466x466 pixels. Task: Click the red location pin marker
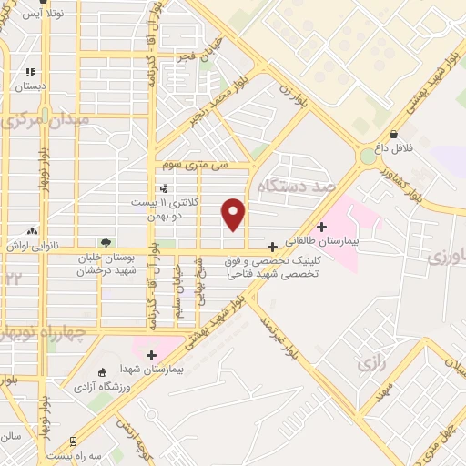coord(234,214)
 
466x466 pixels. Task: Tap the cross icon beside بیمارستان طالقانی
coord(321,227)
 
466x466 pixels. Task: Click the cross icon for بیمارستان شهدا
coord(152,355)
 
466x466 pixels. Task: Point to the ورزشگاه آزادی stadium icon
coord(102,371)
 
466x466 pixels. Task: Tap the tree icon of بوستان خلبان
coord(106,242)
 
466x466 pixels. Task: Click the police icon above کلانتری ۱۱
coord(164,188)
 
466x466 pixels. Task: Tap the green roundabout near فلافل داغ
coord(368,157)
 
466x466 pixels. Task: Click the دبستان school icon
coord(30,73)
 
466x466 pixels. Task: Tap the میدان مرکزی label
coord(46,119)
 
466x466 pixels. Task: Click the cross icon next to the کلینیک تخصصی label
coord(272,247)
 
